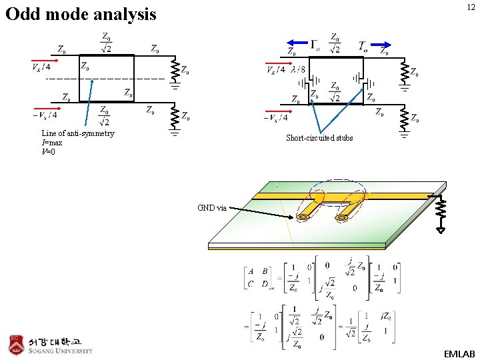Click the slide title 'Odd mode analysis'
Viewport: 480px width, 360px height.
pyautogui.click(x=81, y=14)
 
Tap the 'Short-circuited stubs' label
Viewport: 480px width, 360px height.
pyautogui.click(x=319, y=138)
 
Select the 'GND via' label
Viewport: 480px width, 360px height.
pyautogui.click(x=213, y=208)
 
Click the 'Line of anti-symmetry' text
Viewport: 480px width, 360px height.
pyautogui.click(x=78, y=133)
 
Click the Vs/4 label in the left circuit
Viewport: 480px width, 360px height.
pyautogui.click(x=41, y=66)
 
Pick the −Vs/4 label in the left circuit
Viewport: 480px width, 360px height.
pyautogui.click(x=44, y=115)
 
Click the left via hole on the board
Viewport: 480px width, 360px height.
pyautogui.click(x=303, y=216)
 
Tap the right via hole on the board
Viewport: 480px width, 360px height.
pyautogui.click(x=341, y=217)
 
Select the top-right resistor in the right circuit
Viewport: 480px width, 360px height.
pyautogui.click(x=404, y=71)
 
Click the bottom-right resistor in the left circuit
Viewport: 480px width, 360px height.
pyautogui.click(x=174, y=118)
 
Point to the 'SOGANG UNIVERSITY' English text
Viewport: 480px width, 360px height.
pyautogui.click(x=61, y=351)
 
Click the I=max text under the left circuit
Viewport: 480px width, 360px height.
pyautogui.click(x=52, y=143)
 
